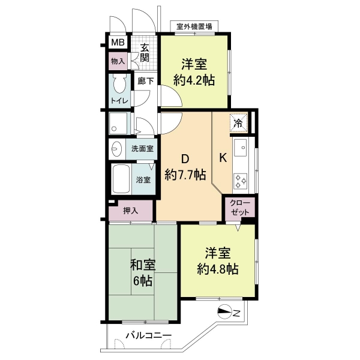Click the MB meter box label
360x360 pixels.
(118, 43)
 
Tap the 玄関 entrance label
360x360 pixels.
(145, 53)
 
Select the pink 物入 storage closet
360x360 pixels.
(118, 61)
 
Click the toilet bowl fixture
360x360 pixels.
(119, 84)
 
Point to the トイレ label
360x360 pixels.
(119, 101)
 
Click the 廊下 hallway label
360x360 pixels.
(146, 81)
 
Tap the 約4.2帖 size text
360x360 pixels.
(194, 80)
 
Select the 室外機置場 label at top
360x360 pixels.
(194, 26)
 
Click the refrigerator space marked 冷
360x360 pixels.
(239, 124)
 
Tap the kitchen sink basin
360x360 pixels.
(241, 147)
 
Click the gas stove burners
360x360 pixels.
(241, 181)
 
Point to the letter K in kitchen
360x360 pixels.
(223, 158)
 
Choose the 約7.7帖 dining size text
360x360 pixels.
(185, 175)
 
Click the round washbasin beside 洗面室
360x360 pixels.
(116, 149)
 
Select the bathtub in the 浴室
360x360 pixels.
(120, 179)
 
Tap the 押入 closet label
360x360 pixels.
(131, 211)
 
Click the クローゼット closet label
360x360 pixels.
(240, 208)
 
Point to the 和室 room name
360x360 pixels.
(143, 265)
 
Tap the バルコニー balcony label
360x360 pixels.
(149, 336)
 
